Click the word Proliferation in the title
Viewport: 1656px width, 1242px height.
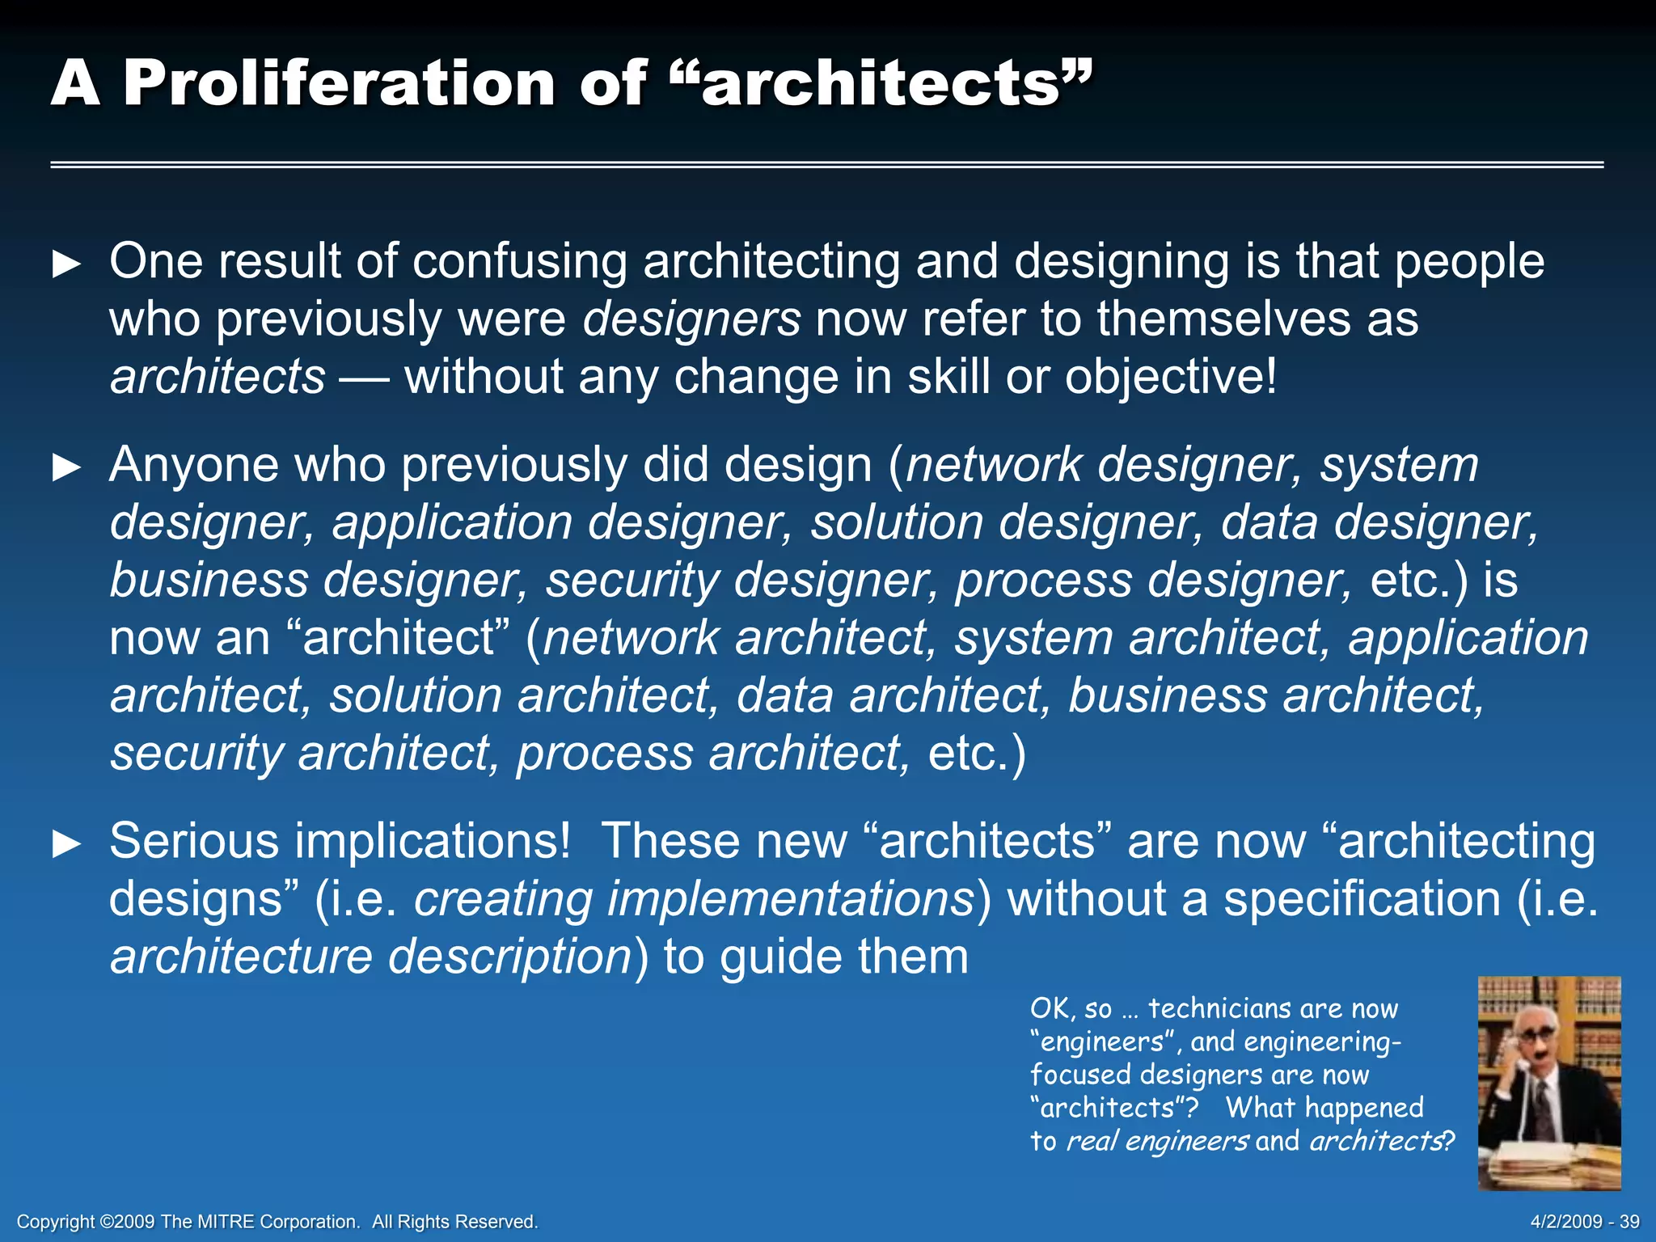click(x=339, y=83)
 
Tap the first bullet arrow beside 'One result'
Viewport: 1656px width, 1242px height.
click(x=66, y=264)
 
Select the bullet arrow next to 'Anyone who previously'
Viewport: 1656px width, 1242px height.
click(x=66, y=467)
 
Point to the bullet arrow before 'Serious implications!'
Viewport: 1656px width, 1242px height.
click(x=66, y=843)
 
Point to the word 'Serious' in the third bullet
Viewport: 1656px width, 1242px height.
click(x=194, y=841)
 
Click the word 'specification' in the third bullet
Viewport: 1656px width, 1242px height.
click(x=1362, y=899)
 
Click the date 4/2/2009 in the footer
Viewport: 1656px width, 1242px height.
click(x=1566, y=1222)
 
